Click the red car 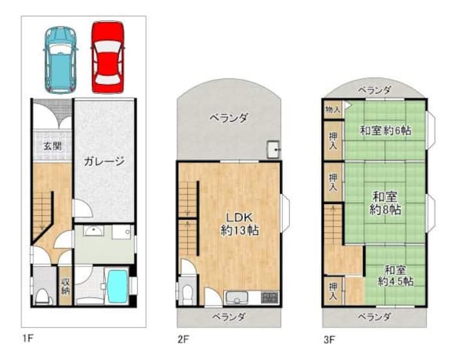click(108, 57)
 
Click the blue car click(61, 60)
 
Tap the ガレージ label click(104, 162)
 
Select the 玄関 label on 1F click(53, 147)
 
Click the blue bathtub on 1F click(117, 286)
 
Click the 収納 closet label click(65, 286)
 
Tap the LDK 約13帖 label click(240, 224)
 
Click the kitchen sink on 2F click(237, 298)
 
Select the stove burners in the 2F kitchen click(270, 297)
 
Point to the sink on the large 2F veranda click(273, 149)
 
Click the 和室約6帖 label click(386, 130)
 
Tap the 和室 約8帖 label click(385, 203)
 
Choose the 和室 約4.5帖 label click(396, 276)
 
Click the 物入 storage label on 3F click(333, 110)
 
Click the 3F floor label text click(329, 340)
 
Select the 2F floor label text click(183, 340)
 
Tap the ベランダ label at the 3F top click(375, 90)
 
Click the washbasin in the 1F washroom click(93, 231)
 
